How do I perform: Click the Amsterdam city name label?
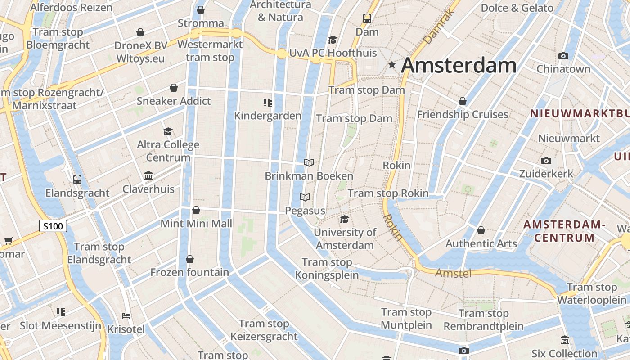(x=459, y=66)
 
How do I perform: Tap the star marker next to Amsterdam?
(x=392, y=65)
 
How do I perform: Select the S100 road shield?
(x=53, y=226)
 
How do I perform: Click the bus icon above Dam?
(x=367, y=18)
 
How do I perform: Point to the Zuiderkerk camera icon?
(x=546, y=161)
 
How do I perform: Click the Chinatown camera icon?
(x=563, y=56)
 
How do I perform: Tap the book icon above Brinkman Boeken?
(x=309, y=162)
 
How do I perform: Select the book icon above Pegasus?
(x=305, y=198)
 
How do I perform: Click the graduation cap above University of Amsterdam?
(x=345, y=219)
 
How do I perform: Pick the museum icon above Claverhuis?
(x=148, y=175)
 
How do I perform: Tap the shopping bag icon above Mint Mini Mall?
(x=196, y=210)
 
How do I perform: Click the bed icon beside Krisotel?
(x=126, y=315)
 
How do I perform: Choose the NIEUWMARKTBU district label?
(x=580, y=114)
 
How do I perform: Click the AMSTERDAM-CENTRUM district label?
(x=564, y=231)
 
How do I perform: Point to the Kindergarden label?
(x=268, y=116)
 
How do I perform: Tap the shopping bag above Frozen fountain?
(x=190, y=259)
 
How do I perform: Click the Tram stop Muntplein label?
(x=406, y=319)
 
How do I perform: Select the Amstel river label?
(x=453, y=273)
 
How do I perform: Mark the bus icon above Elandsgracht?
(x=77, y=180)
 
